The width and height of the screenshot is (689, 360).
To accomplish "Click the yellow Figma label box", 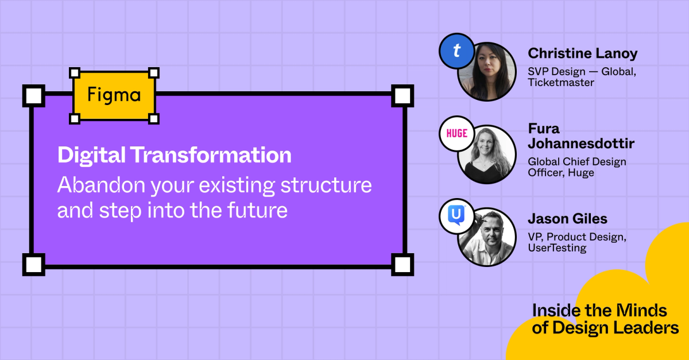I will point(114,96).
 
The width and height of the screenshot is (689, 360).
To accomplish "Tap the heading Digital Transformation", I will point(174,156).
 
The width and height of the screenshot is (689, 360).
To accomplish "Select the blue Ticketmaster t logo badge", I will point(456,51).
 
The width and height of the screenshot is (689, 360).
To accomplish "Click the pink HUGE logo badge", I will point(456,134).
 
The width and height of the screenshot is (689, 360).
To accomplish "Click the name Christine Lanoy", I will point(582,54).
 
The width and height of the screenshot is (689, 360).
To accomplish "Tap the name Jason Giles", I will point(567,219).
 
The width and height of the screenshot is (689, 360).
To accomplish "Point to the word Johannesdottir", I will point(581,143).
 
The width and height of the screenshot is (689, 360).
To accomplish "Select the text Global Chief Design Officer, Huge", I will point(576,167).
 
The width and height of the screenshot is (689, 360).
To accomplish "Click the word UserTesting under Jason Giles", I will point(557,248).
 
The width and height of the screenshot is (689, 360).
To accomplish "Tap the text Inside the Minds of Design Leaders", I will point(605,319).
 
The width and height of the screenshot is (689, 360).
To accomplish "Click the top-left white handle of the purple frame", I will point(34,95).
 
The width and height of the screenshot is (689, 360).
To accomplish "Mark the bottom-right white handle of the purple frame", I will point(402,265).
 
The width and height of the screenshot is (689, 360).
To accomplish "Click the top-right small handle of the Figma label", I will point(154,72).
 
